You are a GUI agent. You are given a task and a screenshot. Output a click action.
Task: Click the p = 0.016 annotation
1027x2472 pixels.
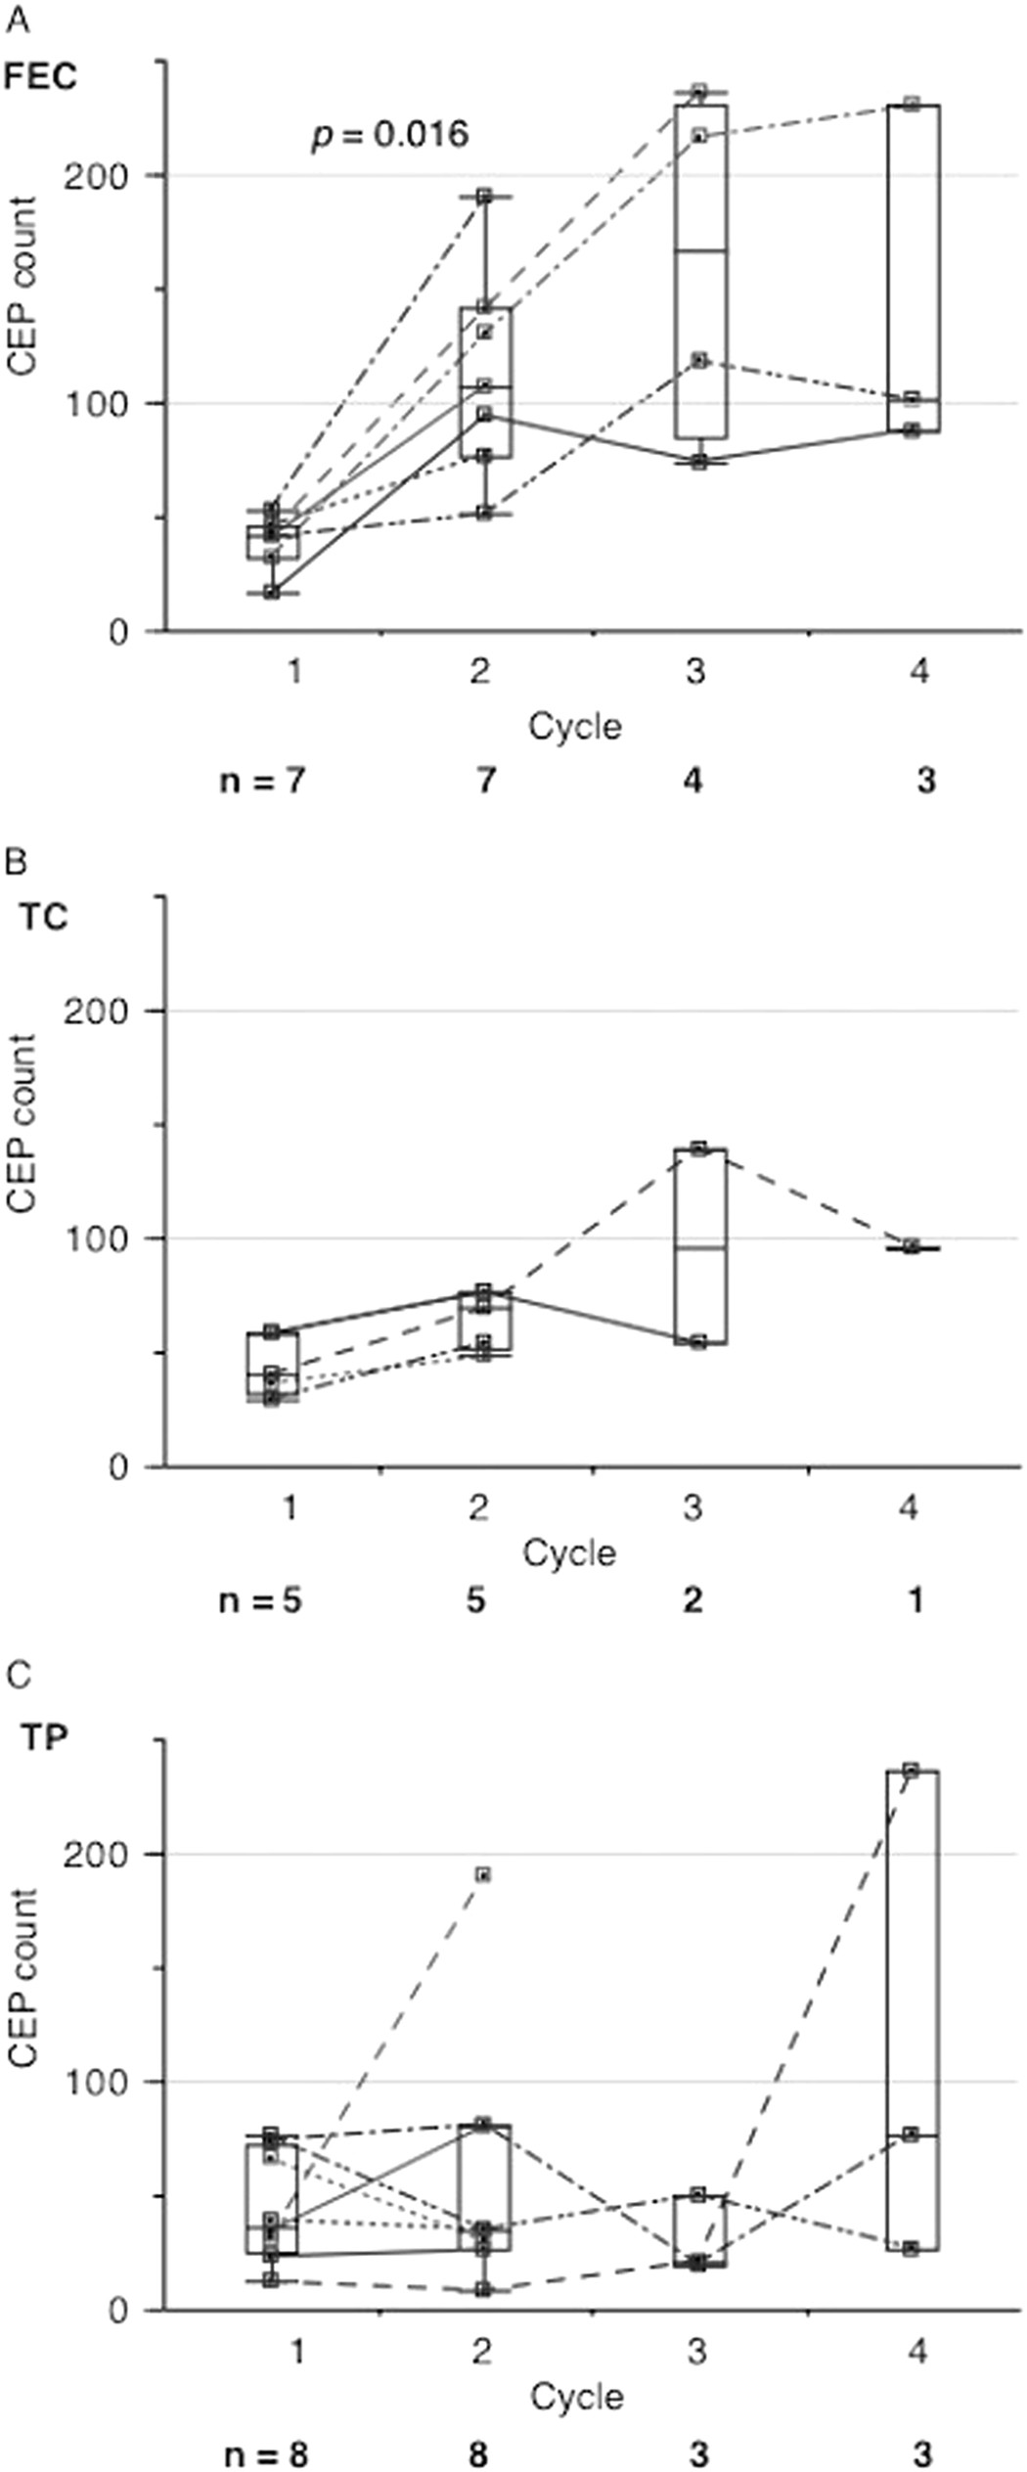click(390, 135)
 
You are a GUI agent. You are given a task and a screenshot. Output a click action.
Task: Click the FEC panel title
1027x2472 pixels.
click(40, 76)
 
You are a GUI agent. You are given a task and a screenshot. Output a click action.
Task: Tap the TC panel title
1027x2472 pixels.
click(44, 920)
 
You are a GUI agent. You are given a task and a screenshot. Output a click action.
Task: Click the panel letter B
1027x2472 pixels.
click(17, 863)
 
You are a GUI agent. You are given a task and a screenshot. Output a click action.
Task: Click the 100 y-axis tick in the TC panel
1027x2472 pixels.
click(96, 1239)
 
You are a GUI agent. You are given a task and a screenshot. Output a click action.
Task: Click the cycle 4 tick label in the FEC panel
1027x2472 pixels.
click(918, 672)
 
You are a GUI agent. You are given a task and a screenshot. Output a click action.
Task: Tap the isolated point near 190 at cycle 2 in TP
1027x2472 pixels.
click(483, 1874)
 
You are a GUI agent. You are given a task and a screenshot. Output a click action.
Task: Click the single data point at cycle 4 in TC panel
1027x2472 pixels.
click(911, 1246)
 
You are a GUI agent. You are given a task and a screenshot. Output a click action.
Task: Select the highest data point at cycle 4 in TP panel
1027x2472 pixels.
click(911, 1770)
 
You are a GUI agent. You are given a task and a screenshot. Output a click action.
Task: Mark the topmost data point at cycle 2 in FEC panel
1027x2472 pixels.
click(483, 197)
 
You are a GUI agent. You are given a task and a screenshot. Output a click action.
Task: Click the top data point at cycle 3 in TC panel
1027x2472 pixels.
click(698, 1148)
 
